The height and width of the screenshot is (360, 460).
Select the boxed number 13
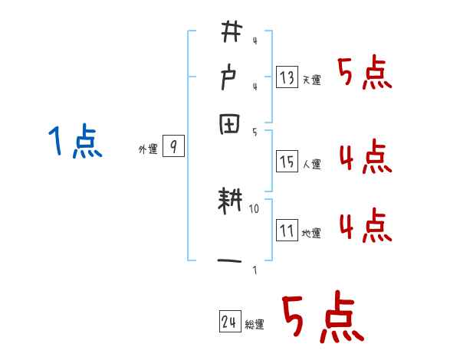click(x=287, y=77)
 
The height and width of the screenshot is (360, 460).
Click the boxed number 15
click(x=287, y=161)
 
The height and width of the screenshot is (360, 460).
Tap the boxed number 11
click(x=287, y=231)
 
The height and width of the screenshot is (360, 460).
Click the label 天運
click(x=312, y=80)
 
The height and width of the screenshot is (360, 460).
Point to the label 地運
click(x=312, y=233)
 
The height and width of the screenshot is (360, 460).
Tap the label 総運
click(x=255, y=325)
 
